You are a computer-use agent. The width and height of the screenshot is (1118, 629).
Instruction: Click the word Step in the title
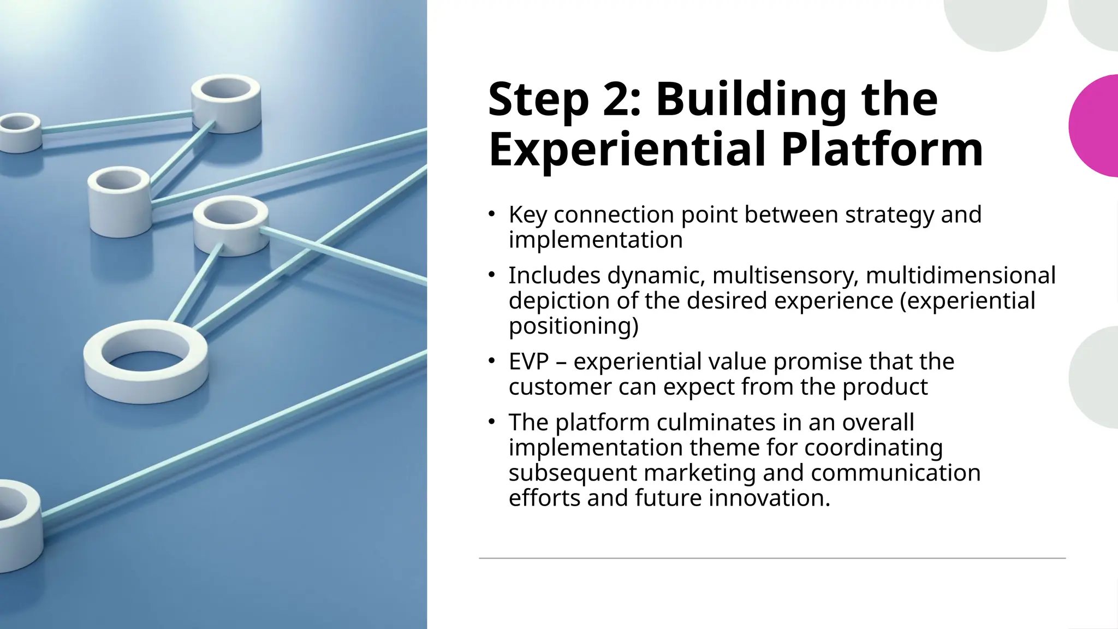click(x=538, y=101)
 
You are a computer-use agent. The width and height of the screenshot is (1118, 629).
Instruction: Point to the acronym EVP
click(x=528, y=362)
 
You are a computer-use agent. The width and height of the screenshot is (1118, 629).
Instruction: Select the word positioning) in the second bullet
click(x=573, y=326)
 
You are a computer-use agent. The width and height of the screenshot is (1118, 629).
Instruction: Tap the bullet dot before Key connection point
click(x=491, y=214)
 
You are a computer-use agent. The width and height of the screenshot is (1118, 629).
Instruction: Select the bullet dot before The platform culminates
click(x=491, y=422)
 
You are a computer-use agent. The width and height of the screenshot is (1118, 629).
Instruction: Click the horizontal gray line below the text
click(x=772, y=558)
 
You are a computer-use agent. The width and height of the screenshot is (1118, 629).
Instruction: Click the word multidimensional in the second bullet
click(x=960, y=276)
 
